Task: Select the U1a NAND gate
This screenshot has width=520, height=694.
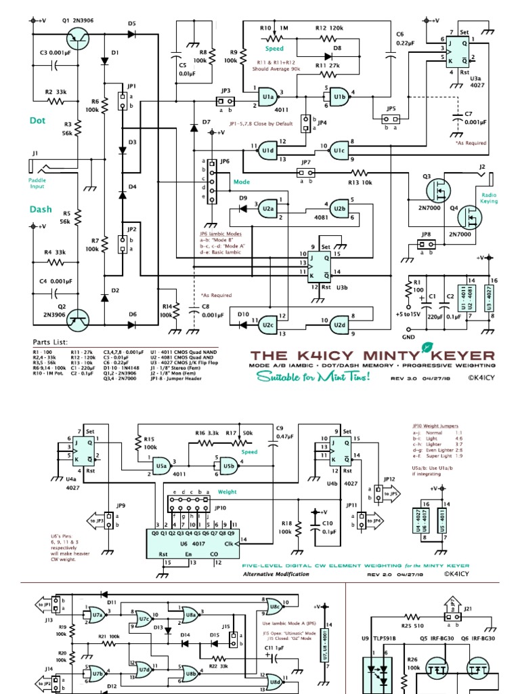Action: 268,98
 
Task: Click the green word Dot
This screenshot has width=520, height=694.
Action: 37,121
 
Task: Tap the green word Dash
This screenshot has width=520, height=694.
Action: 40,209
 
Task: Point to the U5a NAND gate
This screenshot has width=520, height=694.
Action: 161,466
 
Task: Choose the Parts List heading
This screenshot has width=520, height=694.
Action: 50,342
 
